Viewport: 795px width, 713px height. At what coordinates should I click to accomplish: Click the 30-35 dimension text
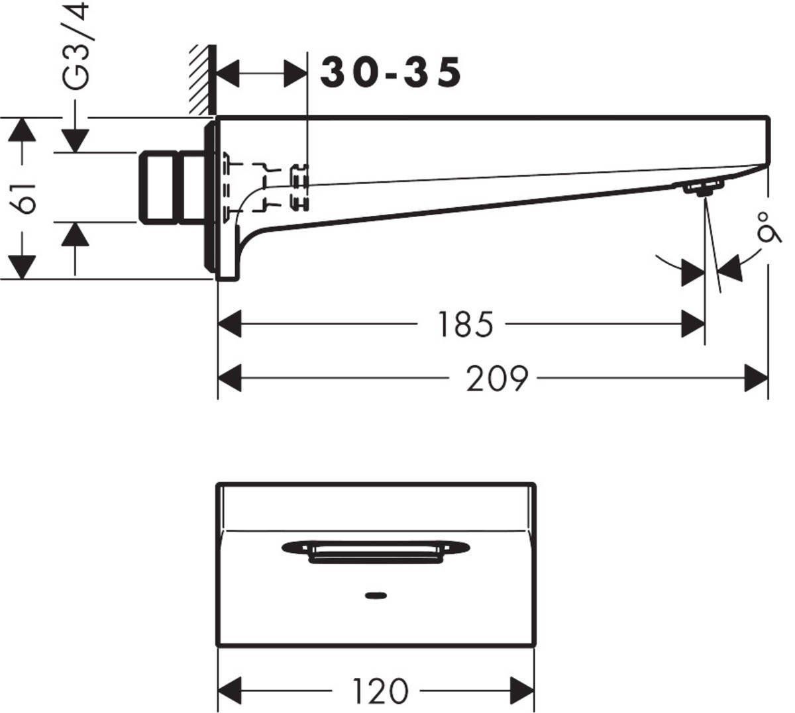coord(390,73)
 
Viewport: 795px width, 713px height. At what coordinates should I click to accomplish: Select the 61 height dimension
coord(26,198)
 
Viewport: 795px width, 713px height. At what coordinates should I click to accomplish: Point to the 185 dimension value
coord(465,324)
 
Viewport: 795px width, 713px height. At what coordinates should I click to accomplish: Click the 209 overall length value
coord(496,379)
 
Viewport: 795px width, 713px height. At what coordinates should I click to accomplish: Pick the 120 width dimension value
coord(380,691)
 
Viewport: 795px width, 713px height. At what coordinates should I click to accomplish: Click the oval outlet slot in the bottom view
coord(376,549)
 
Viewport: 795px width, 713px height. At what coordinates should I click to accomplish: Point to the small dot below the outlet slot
coord(376,594)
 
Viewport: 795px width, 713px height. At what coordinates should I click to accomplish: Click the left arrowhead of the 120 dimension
coord(229,691)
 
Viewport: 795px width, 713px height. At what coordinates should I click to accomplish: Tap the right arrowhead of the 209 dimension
coord(757,379)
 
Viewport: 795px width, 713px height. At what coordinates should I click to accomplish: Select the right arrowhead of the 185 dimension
coord(694,324)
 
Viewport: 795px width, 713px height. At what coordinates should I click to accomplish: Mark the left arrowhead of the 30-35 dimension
coord(228,73)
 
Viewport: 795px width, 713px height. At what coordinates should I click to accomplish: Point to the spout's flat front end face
coord(768,142)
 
